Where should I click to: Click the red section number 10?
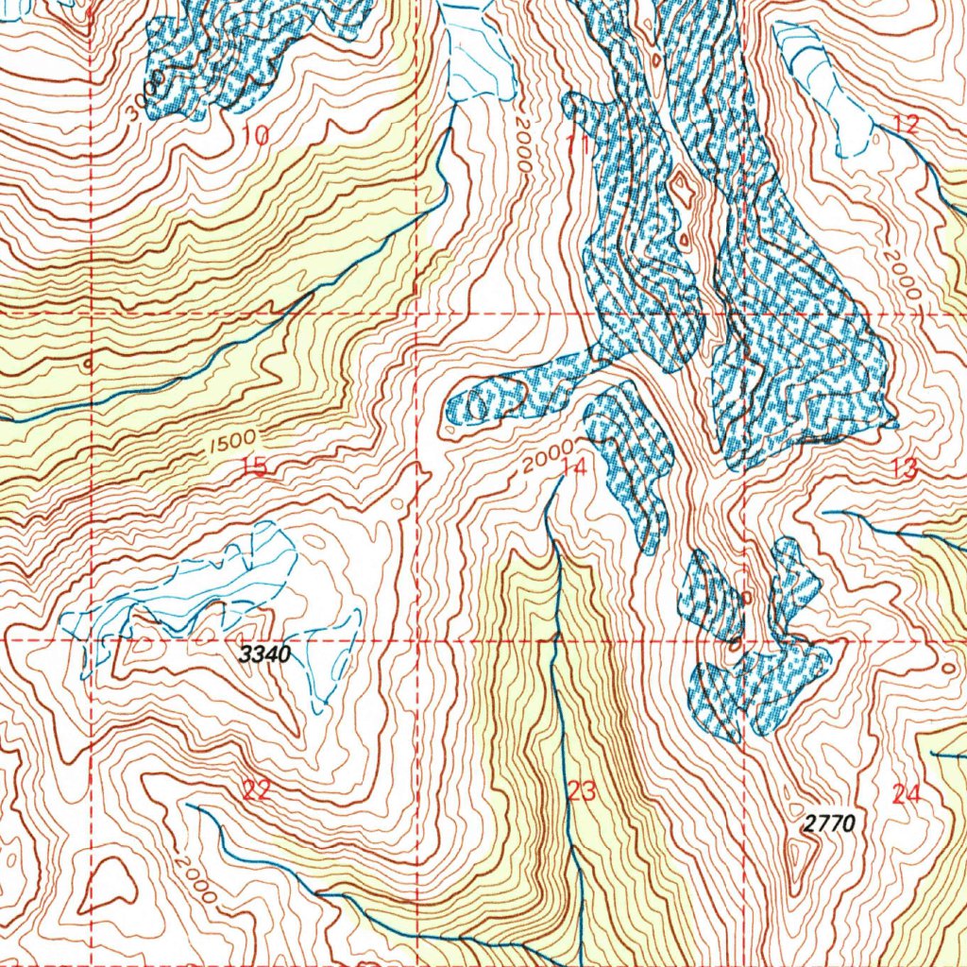pos(255,137)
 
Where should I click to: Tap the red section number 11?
pos(577,144)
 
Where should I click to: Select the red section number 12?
pos(905,124)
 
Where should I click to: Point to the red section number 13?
pos(904,467)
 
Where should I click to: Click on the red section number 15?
pos(253,466)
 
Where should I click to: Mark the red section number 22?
pos(256,791)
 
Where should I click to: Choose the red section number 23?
pos(582,791)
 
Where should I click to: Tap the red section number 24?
pos(905,795)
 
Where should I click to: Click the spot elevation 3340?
pos(264,654)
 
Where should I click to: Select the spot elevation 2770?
pos(829,823)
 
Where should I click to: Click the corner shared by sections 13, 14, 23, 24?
pos(744,640)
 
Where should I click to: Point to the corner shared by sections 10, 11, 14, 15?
pos(417,313)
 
